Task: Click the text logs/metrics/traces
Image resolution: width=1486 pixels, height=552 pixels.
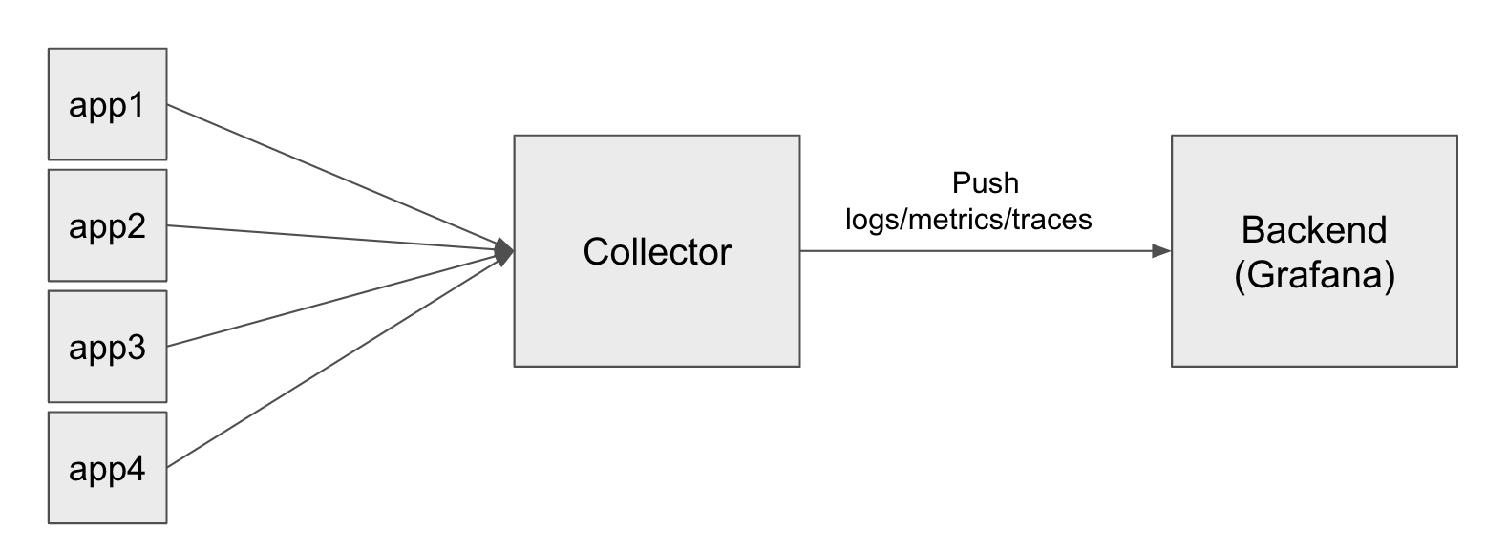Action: pos(968,219)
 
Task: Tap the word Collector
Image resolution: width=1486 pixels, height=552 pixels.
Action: pos(657,252)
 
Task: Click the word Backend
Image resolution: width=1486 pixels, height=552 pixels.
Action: pos(1314,231)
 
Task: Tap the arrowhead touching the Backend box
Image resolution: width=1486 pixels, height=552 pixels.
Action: pos(1161,251)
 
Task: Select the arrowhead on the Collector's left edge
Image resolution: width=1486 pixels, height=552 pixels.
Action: pos(505,252)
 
